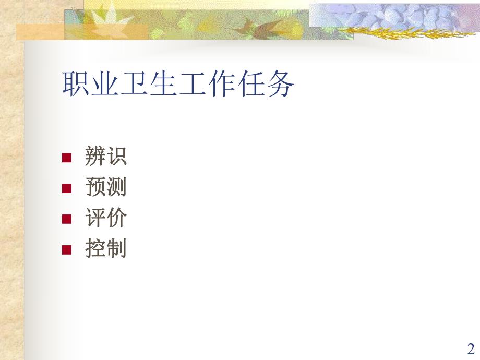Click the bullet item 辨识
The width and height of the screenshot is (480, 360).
(x=105, y=157)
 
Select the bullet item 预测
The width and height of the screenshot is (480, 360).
(x=105, y=188)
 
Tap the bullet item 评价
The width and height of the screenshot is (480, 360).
(x=105, y=218)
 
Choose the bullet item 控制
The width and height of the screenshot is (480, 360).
(x=105, y=249)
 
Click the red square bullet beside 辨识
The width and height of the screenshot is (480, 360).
(x=66, y=158)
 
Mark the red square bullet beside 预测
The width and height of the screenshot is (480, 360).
(x=66, y=189)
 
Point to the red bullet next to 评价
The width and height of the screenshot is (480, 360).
(x=66, y=219)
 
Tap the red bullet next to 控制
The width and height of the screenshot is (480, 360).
(x=66, y=250)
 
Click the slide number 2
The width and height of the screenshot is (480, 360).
(x=471, y=348)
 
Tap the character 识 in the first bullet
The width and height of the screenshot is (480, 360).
(x=116, y=157)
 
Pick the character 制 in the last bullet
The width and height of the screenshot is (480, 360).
(x=116, y=249)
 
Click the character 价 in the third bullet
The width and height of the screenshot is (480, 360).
(x=116, y=218)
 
